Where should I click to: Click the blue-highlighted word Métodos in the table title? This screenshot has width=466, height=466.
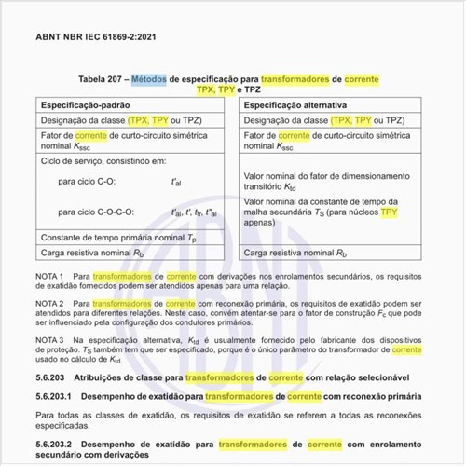tap(149, 79)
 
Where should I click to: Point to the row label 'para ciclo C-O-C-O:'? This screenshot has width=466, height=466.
tap(96, 212)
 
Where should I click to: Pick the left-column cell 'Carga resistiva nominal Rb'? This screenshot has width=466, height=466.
tap(91, 253)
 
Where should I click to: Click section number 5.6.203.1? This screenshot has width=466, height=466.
tap(57, 396)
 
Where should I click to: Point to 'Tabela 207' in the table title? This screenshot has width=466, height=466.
tap(104, 79)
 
